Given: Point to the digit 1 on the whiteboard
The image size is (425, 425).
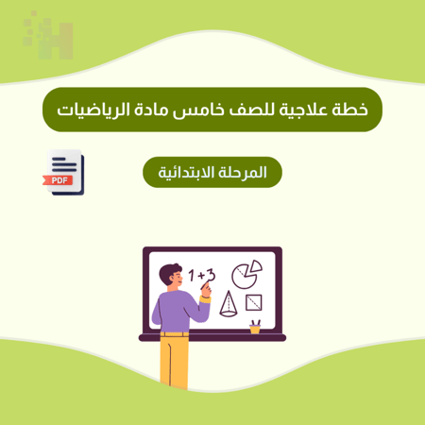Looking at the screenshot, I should (x=192, y=276).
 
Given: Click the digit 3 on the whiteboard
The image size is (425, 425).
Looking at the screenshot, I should (x=212, y=275).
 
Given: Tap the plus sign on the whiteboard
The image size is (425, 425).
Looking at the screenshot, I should (x=201, y=276).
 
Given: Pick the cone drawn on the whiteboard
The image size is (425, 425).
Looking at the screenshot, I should (x=228, y=303).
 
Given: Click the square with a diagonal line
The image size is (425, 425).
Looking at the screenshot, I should (x=254, y=303).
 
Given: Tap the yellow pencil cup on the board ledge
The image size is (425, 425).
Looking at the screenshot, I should (x=255, y=327).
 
